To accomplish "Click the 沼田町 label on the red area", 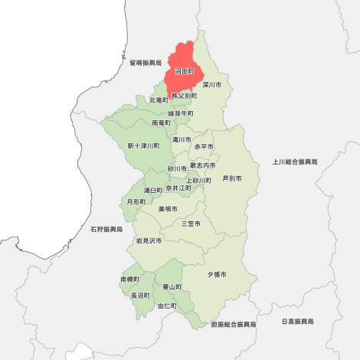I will point(185,71).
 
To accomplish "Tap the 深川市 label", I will point(212,84).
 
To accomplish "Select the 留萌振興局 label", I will point(146,63).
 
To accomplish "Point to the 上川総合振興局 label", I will point(295,162).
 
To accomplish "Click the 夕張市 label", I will point(217,273).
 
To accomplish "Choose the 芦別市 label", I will point(231,178).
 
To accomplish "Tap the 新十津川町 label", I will point(143,146).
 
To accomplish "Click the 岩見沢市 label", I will point(149,241).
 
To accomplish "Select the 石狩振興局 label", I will point(106,229).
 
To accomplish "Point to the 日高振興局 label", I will point(297,321).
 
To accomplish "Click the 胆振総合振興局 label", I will point(234,325).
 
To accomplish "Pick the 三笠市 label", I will point(191,224).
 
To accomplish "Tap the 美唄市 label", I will point(168,208).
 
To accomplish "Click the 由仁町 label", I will point(167,306).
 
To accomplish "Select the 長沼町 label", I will point(140,295).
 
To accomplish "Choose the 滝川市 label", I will point(182,139).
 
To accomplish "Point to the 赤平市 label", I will point(204,146).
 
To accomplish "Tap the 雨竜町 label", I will point(162,123).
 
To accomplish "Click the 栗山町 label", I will point(172,286).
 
